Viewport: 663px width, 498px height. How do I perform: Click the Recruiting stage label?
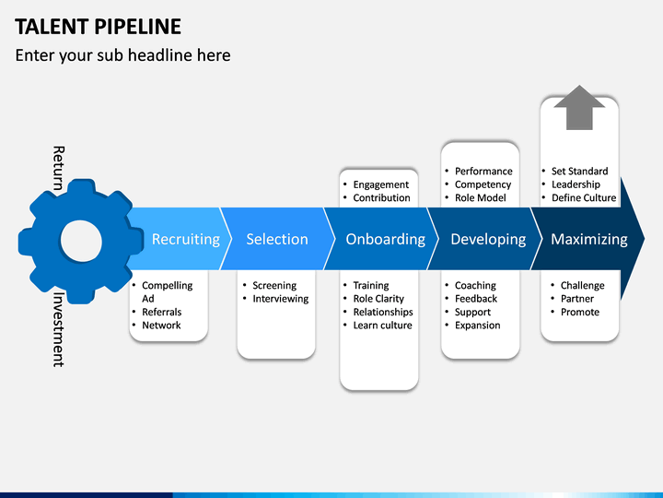(186, 239)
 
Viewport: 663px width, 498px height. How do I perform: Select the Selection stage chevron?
(277, 239)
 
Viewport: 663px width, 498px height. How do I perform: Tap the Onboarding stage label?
(385, 239)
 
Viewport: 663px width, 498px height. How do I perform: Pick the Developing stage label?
(488, 239)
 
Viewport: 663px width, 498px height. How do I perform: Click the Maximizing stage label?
(589, 239)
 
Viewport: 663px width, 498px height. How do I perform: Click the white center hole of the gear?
(81, 241)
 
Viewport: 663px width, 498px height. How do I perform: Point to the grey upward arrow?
(579, 108)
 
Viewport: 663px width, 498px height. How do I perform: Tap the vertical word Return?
(58, 168)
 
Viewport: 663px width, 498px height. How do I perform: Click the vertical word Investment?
(58, 329)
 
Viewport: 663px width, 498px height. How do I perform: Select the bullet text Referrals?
(161, 312)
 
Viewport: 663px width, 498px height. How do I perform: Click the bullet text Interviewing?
(281, 299)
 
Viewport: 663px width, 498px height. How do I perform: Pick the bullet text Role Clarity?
(378, 299)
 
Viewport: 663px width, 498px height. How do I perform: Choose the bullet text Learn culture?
(383, 326)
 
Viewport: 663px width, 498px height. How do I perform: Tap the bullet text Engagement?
(381, 184)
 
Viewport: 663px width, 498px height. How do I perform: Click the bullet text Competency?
(483, 184)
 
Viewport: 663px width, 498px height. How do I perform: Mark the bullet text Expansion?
(477, 326)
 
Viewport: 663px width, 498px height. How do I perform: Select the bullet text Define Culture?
(584, 197)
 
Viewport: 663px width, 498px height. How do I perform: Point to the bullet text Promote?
(580, 312)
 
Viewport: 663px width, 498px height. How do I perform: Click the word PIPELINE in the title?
(138, 27)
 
